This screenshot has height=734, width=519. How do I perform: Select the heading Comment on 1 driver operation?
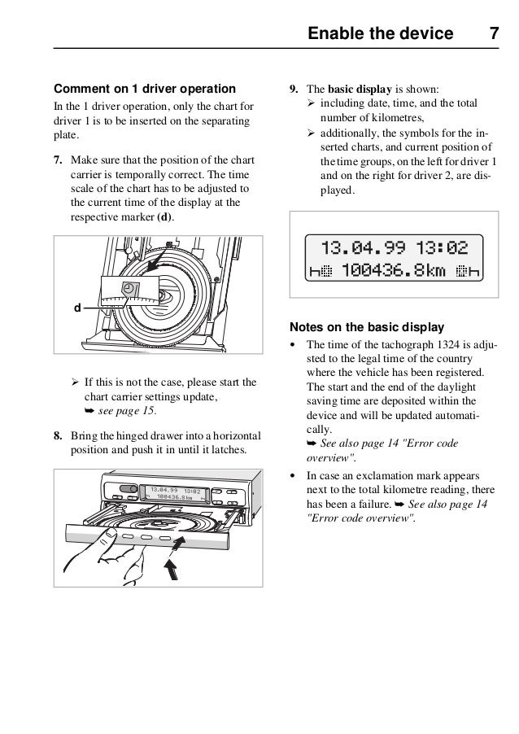coord(144,88)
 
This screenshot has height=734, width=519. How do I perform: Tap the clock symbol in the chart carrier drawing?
coord(130,290)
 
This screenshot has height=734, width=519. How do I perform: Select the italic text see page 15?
coord(120,412)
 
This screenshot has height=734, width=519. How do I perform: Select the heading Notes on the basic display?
coord(367,327)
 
